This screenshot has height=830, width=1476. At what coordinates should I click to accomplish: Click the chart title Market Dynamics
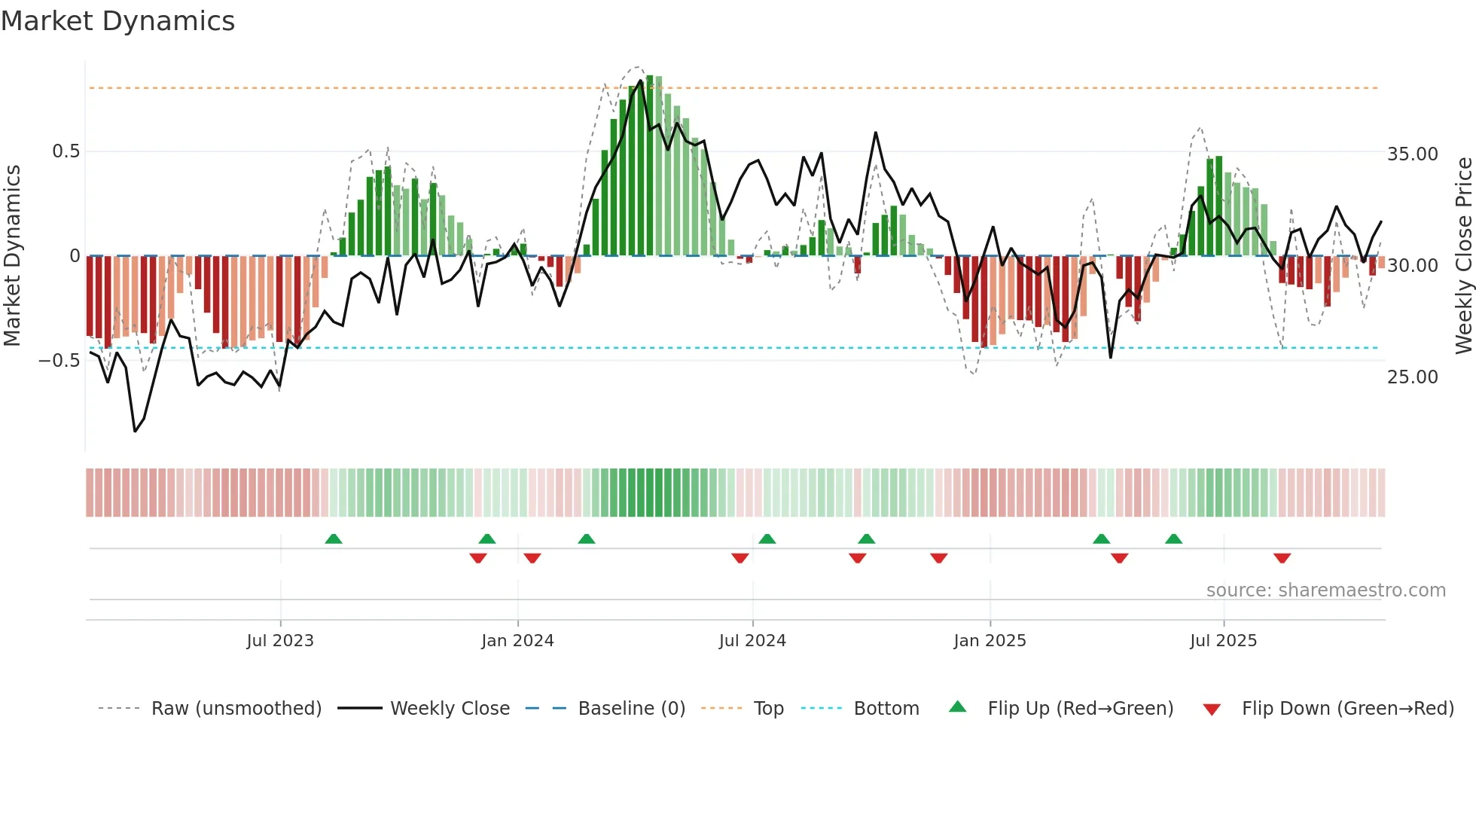pyautogui.click(x=117, y=21)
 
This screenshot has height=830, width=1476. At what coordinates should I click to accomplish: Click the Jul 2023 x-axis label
pyautogui.click(x=280, y=641)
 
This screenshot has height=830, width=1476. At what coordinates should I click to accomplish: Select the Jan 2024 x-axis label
pyautogui.click(x=517, y=641)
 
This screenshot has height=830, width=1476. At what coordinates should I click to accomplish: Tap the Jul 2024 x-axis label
pyautogui.click(x=752, y=641)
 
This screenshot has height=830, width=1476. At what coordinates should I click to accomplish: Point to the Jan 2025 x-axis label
pyautogui.click(x=990, y=641)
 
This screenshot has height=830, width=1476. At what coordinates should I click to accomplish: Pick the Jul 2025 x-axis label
pyautogui.click(x=1224, y=641)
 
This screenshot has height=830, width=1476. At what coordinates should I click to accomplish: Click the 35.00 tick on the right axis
pyautogui.click(x=1413, y=154)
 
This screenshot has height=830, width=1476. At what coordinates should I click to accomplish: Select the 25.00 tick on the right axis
pyautogui.click(x=1413, y=377)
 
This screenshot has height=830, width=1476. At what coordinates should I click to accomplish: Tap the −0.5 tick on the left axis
pyautogui.click(x=59, y=361)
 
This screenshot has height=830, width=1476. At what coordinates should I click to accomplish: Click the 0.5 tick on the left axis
pyautogui.click(x=66, y=151)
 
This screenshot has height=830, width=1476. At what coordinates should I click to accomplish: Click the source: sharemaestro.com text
pyautogui.click(x=1325, y=590)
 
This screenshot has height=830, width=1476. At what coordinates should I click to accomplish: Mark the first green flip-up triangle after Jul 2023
pyautogui.click(x=334, y=539)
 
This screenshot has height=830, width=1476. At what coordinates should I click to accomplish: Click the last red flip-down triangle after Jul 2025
pyautogui.click(x=1282, y=558)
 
